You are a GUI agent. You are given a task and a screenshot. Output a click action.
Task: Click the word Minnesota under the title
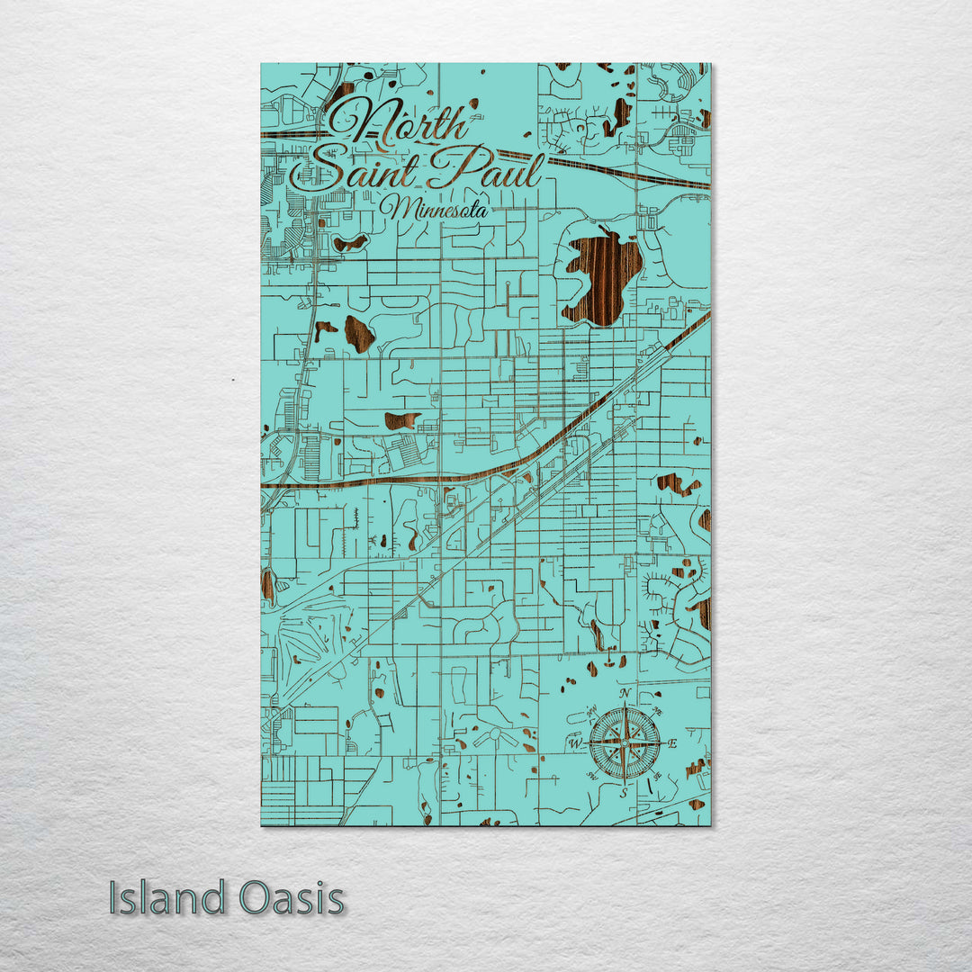tap(435, 209)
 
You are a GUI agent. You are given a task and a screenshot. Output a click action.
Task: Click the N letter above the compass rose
tap(625, 694)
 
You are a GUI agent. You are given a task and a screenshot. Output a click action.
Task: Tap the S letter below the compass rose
tap(624, 793)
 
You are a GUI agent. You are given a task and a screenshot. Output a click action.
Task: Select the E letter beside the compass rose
tap(672, 743)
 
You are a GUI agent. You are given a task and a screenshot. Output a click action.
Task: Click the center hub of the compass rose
tap(625, 743)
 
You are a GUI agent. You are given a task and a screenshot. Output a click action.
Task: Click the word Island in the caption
tap(167, 898)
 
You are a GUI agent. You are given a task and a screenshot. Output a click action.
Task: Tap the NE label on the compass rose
tap(658, 713)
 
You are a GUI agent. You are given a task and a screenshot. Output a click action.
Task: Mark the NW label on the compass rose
tap(591, 713)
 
